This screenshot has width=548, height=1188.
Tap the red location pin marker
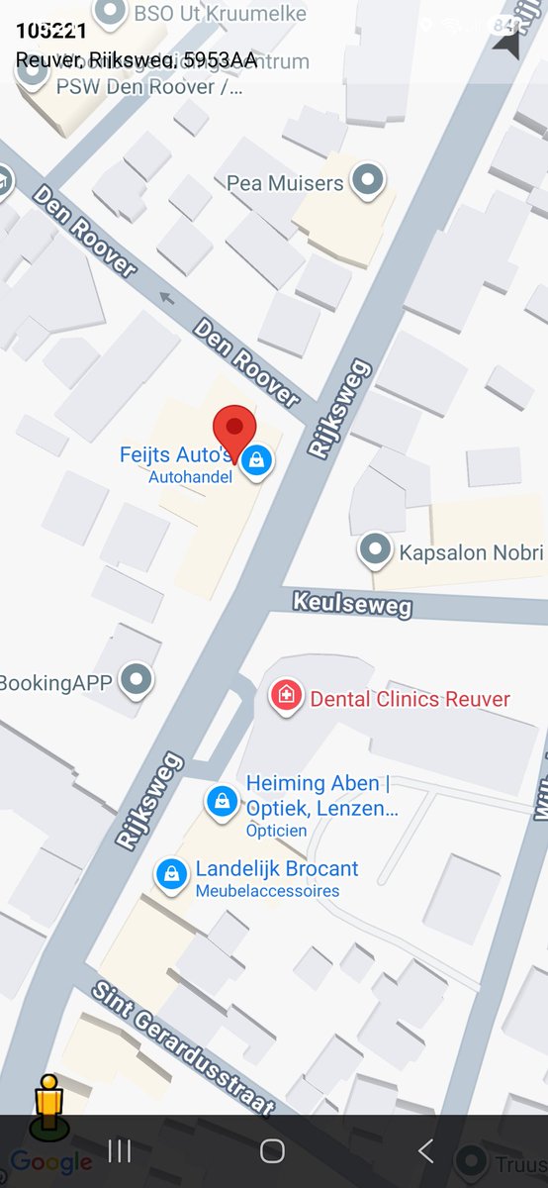point(234,430)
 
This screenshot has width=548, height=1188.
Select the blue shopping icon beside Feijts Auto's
point(257,459)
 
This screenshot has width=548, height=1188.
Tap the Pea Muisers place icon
point(369,180)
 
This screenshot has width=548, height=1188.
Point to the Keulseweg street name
point(352,603)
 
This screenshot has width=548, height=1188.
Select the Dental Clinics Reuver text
point(410,699)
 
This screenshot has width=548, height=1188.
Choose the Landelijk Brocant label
point(277,869)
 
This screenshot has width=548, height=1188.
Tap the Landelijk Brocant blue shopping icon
point(172,874)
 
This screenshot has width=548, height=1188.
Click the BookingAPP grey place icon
point(137,680)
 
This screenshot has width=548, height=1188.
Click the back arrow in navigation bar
point(425,1150)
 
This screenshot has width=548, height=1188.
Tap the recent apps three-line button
point(120,1150)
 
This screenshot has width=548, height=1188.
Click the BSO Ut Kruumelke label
point(220,14)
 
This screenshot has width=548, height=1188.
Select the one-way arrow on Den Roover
point(166,297)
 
